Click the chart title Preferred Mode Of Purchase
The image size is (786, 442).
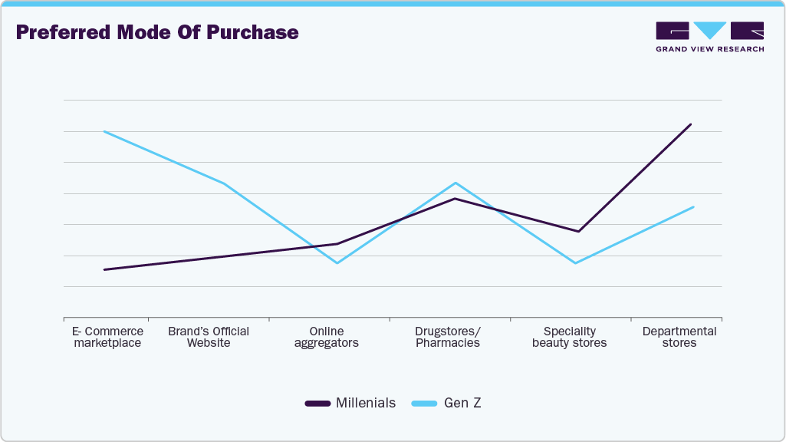click(x=157, y=32)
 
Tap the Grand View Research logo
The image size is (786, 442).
click(x=709, y=37)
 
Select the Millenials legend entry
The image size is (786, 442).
click(x=350, y=403)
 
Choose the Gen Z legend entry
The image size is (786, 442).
click(x=446, y=403)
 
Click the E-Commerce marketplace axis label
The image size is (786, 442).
click(x=107, y=337)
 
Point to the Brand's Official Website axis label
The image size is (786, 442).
click(x=209, y=337)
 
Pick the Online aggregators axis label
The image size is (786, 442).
click(x=327, y=337)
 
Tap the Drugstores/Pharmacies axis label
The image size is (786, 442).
click(x=448, y=337)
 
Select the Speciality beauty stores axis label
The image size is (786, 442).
click(x=569, y=337)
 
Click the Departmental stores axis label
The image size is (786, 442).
click(x=679, y=337)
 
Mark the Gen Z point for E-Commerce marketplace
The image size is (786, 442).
click(x=104, y=131)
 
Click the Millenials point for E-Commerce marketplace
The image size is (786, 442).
click(x=104, y=269)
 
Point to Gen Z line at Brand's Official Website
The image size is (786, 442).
click(x=223, y=183)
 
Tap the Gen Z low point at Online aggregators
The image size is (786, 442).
click(x=337, y=263)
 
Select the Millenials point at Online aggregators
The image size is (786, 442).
click(x=337, y=243)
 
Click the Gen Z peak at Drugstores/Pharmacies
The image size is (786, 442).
click(x=455, y=183)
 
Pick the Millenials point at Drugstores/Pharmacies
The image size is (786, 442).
click(x=455, y=199)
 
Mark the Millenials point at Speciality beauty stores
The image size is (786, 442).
click(x=578, y=231)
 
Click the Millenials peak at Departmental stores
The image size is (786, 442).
click(x=691, y=124)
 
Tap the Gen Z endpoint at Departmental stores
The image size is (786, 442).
click(x=693, y=207)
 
